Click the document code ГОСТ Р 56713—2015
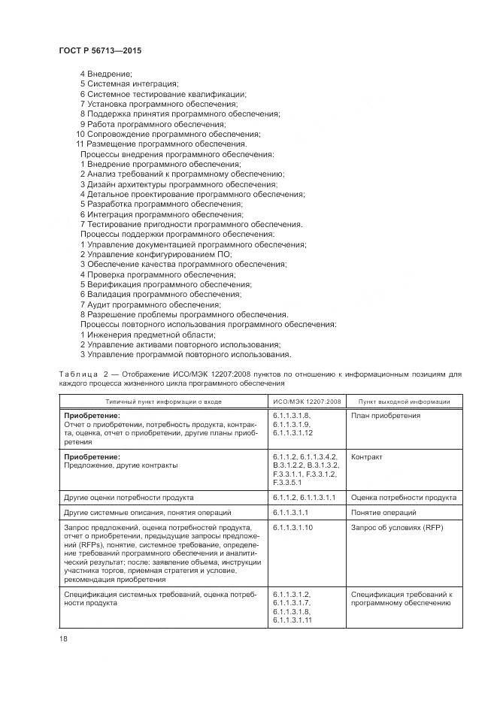pyautogui.click(x=99, y=50)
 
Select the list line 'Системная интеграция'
pyautogui.click(x=129, y=83)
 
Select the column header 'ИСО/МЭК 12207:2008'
pyautogui.click(x=307, y=401)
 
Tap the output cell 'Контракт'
pyautogui.click(x=367, y=457)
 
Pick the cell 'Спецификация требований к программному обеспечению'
pyautogui.click(x=402, y=598)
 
